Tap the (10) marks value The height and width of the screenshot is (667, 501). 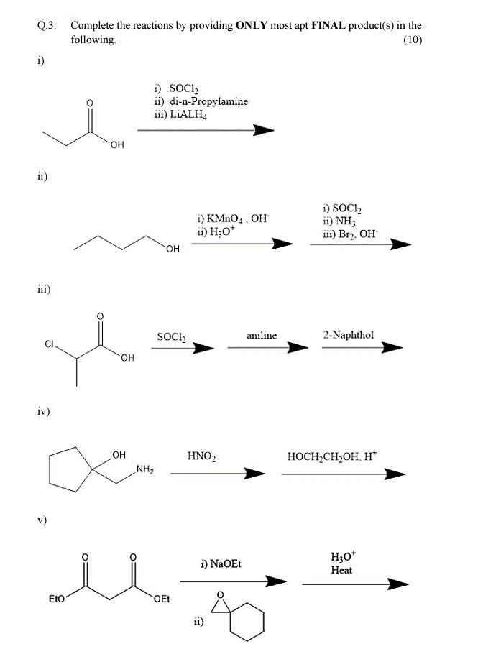(413, 40)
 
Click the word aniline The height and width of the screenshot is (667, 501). (261, 336)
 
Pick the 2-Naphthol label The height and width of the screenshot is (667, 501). (348, 335)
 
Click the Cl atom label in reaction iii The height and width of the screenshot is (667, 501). (50, 344)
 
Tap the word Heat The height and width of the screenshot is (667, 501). (341, 570)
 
